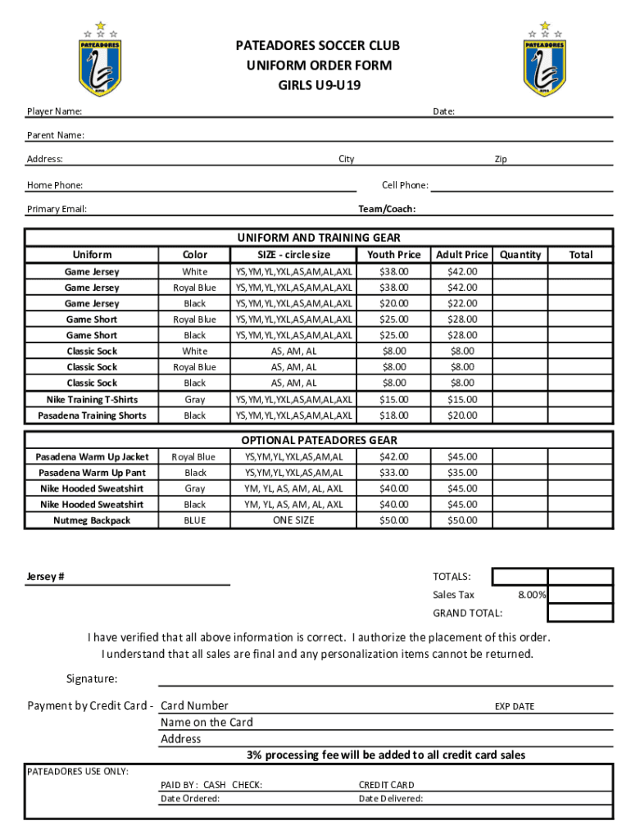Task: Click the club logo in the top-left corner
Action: (100, 59)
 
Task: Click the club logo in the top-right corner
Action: (545, 59)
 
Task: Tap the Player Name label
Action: (54, 111)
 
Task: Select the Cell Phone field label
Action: (405, 185)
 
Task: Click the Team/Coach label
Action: (387, 209)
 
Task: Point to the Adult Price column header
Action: (461, 255)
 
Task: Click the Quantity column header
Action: (520, 255)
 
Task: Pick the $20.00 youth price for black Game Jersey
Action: (393, 303)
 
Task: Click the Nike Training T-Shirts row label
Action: (92, 400)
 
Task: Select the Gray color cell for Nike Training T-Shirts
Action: (195, 400)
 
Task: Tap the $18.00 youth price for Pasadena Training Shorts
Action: (393, 415)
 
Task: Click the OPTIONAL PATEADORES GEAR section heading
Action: (318, 440)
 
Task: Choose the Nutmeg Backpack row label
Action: (92, 520)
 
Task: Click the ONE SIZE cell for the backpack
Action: (293, 520)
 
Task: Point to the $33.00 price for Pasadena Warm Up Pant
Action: (393, 473)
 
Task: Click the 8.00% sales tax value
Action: (532, 595)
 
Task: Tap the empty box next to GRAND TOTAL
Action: (579, 613)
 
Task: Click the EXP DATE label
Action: (514, 706)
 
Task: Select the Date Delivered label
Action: (391, 799)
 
